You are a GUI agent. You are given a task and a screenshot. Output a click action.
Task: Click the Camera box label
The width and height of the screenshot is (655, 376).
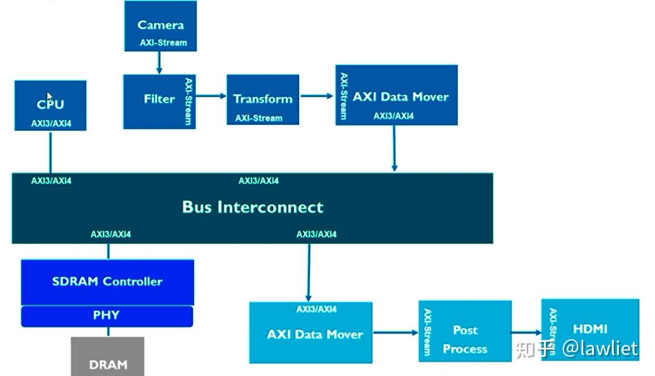(161, 25)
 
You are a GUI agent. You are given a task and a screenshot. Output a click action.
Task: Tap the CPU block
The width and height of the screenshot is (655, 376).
(50, 105)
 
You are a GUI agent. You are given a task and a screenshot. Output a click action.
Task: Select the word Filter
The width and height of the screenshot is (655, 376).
(159, 99)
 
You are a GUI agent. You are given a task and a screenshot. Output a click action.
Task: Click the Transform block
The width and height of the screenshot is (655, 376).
(263, 100)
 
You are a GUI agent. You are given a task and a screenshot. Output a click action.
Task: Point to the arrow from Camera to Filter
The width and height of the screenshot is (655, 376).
(160, 62)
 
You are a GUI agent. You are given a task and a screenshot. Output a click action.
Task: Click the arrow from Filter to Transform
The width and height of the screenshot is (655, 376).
(210, 96)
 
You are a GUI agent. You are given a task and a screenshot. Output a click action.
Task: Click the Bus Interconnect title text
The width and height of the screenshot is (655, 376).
(252, 207)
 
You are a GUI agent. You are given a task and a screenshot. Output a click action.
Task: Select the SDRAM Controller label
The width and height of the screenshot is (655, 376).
(107, 282)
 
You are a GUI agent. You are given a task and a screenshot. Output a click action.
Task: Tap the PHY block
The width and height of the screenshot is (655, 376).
(106, 316)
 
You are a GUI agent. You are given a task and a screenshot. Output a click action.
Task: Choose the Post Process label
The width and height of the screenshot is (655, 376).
(465, 339)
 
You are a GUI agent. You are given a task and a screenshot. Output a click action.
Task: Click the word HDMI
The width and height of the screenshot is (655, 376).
(590, 329)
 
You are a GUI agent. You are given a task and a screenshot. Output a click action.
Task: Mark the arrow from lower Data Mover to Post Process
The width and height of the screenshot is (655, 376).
(395, 332)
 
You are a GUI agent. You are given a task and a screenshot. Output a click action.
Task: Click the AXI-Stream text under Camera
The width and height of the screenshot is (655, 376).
(163, 42)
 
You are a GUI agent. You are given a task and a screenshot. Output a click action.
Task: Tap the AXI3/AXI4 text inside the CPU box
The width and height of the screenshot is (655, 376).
(51, 123)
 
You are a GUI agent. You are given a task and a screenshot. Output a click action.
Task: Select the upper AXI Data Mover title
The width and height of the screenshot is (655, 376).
(400, 97)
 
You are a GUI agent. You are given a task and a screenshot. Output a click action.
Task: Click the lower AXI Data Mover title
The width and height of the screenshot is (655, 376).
(314, 334)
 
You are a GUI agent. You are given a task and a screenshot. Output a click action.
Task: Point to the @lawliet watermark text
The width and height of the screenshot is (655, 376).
(600, 348)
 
